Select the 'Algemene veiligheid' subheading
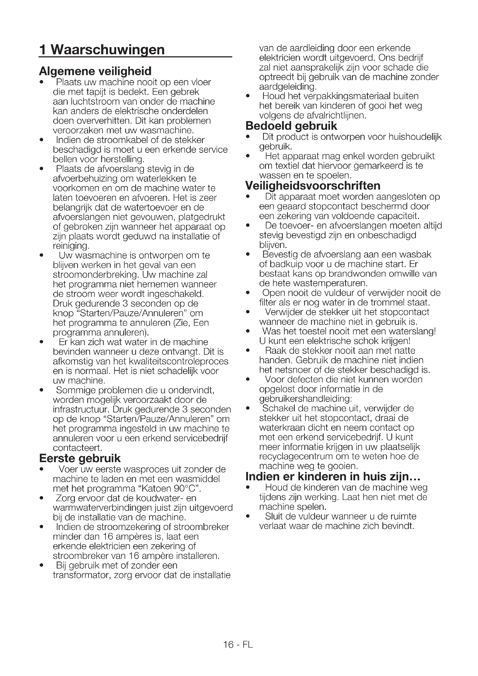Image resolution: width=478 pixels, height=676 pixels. click(x=95, y=71)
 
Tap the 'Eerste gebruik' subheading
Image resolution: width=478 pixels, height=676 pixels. click(x=80, y=458)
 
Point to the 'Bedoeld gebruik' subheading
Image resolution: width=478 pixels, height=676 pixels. click(x=291, y=126)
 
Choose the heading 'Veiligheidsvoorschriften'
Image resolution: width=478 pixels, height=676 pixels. click(x=313, y=186)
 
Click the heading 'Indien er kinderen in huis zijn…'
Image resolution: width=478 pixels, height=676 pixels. click(x=333, y=476)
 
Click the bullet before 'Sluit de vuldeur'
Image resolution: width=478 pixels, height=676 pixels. click(x=248, y=516)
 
